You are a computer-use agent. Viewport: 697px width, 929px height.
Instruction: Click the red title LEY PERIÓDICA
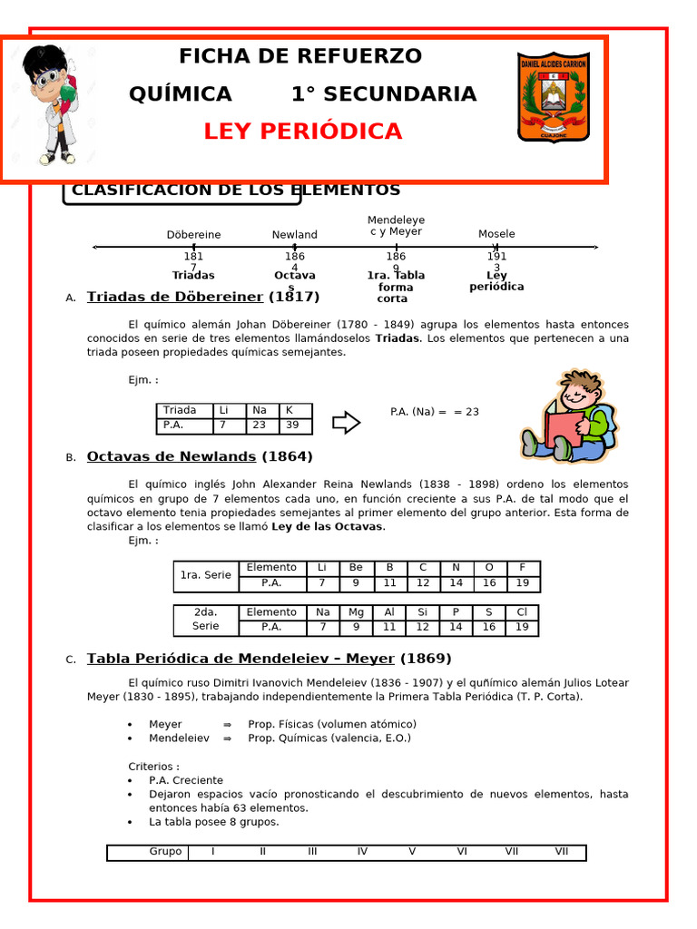(302, 132)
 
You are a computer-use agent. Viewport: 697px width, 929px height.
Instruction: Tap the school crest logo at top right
(553, 96)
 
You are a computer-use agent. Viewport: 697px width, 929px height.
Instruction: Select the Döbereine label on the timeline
(193, 235)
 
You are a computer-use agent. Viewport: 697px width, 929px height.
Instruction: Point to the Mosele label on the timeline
(496, 234)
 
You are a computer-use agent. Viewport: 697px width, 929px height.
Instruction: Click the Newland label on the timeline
(295, 235)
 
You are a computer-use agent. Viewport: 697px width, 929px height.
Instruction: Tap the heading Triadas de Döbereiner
(175, 297)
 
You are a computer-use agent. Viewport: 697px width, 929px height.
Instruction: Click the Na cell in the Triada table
(260, 411)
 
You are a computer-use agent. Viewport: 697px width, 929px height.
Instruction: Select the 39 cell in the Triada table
(293, 425)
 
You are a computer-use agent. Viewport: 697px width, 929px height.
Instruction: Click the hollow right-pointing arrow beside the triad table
(346, 422)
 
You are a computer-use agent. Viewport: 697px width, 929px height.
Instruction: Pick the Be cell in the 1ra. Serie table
(356, 568)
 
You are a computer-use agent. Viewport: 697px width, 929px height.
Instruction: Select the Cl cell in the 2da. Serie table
(522, 612)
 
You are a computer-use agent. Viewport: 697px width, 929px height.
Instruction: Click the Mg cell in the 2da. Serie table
(356, 612)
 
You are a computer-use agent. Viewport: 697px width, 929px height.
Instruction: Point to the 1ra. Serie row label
(206, 575)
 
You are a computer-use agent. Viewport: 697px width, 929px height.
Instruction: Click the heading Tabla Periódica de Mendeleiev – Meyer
(241, 659)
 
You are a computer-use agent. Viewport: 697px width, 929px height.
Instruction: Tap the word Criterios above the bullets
(153, 767)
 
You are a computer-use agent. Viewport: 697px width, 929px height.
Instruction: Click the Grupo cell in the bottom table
(165, 852)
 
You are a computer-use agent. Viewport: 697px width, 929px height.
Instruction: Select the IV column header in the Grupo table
(362, 852)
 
